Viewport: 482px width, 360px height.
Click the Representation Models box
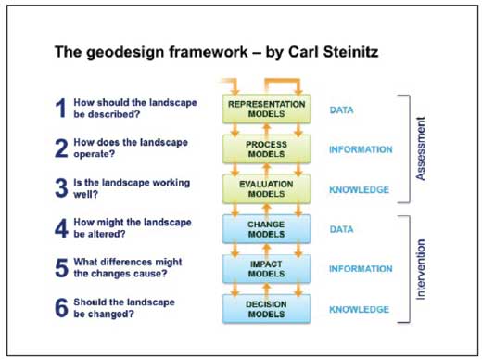tap(266, 109)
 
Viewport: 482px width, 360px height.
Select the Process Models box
tap(266, 149)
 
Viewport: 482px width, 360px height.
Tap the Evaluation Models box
tap(266, 189)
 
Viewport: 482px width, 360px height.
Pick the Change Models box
tap(266, 229)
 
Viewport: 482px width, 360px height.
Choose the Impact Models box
tap(266, 269)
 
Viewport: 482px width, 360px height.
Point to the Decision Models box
tap(266, 309)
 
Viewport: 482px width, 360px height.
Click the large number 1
tap(60, 108)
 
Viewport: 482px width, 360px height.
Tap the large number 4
tap(61, 228)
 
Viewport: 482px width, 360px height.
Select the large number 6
tap(61, 308)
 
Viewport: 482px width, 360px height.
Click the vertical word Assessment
tap(421, 148)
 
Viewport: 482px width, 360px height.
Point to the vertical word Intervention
tap(421, 269)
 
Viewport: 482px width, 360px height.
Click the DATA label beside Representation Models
tap(341, 109)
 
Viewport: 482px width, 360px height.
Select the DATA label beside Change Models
tap(341, 229)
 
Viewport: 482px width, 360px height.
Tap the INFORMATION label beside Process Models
tap(361, 149)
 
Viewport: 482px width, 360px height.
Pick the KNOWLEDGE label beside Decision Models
tap(359, 309)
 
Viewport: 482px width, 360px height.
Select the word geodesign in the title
tap(125, 53)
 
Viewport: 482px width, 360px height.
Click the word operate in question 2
tap(94, 154)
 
